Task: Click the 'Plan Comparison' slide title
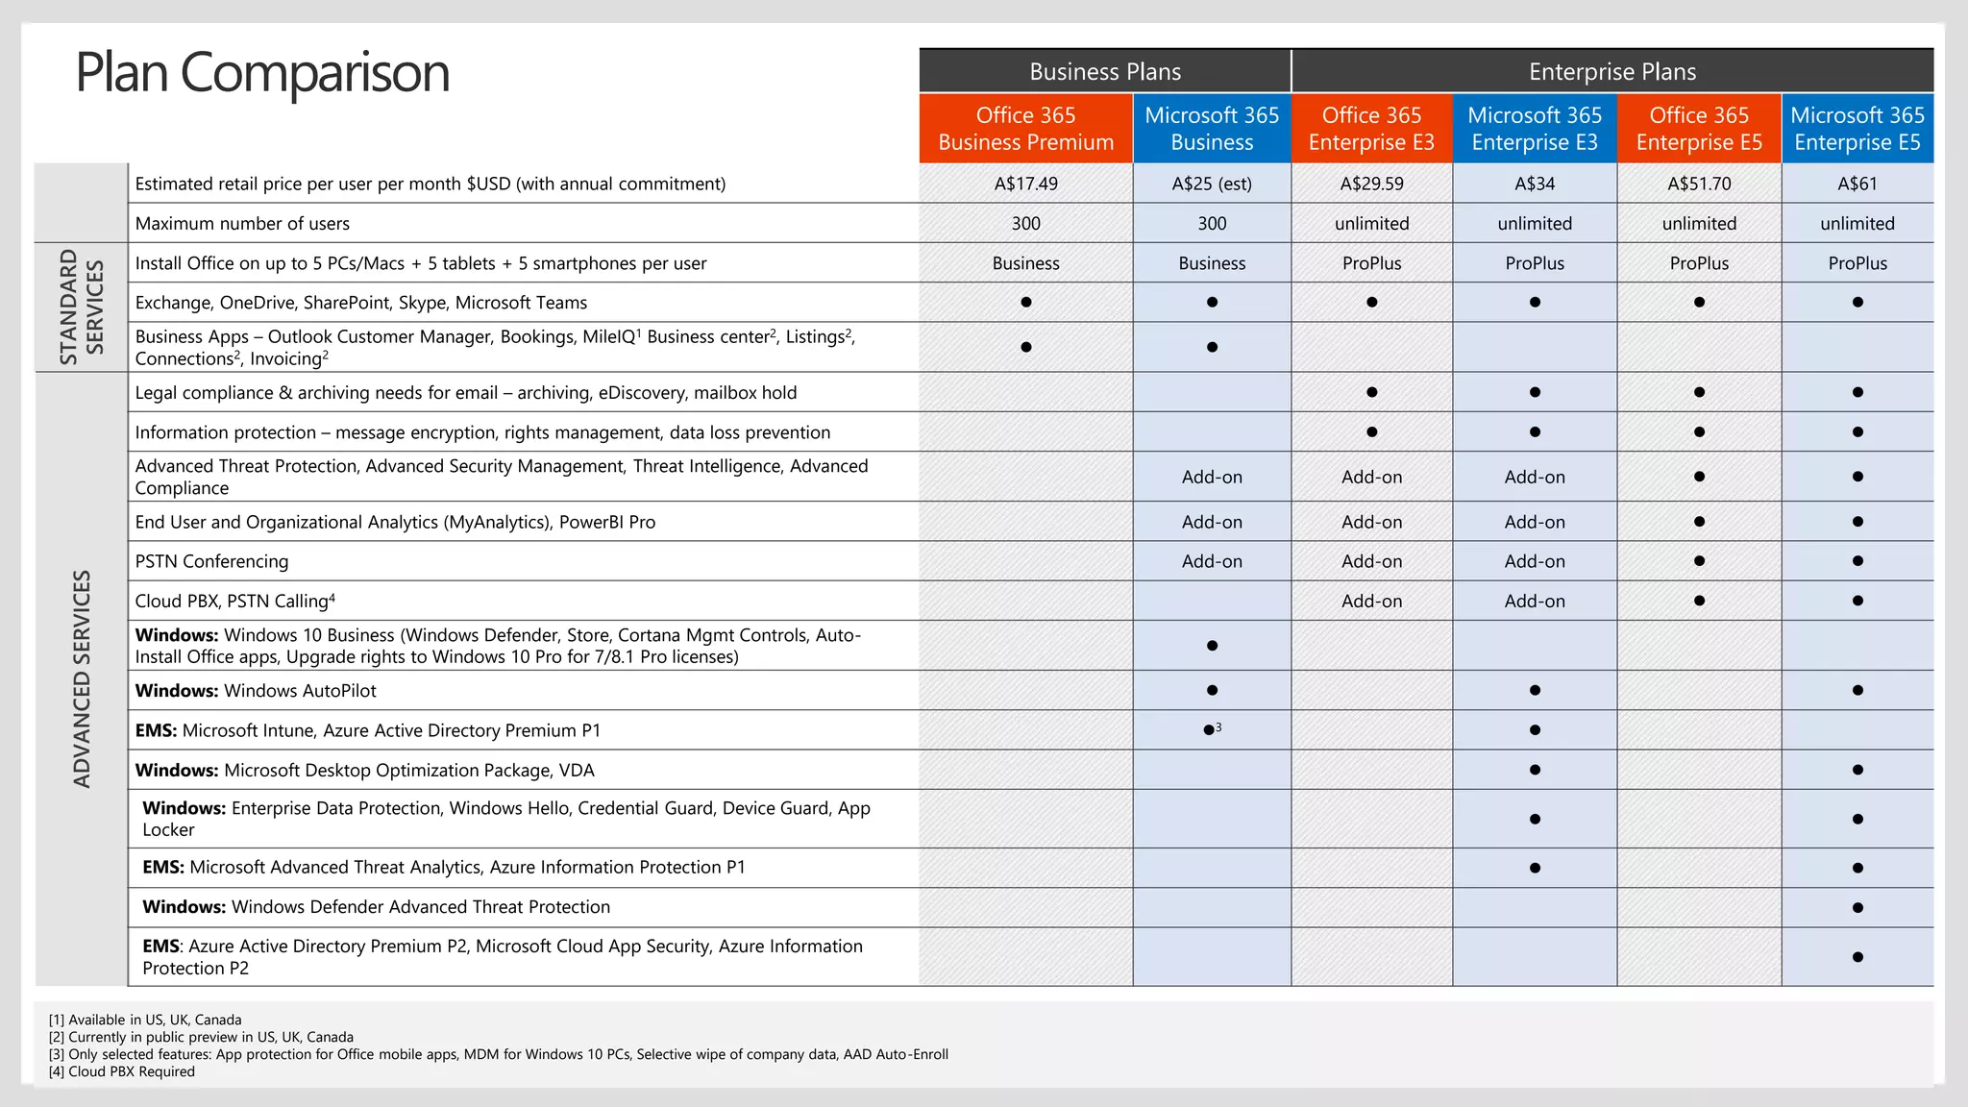tap(262, 73)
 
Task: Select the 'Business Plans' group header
tap(1105, 72)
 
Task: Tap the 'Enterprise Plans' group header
tap(1611, 72)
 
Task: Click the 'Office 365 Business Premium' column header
tap(1025, 129)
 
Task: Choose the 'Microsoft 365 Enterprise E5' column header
tap(1857, 129)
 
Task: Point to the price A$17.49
tap(1025, 184)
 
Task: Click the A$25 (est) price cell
tap(1212, 184)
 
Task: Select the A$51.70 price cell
tap(1699, 184)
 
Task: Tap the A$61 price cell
tap(1857, 184)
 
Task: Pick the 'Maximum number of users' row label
tap(242, 224)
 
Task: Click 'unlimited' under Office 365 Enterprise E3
tap(1371, 224)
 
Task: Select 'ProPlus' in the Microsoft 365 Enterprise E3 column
tap(1535, 263)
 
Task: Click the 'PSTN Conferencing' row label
tap(211, 561)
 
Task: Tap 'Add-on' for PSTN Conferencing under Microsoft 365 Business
tap(1212, 561)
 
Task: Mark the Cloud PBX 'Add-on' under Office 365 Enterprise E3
tap(1371, 602)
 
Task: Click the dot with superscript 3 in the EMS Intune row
tap(1210, 730)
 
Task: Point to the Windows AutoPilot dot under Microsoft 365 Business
tap(1212, 690)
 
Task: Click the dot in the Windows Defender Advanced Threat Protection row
tap(1857, 907)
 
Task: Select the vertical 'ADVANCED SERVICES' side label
tap(83, 678)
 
